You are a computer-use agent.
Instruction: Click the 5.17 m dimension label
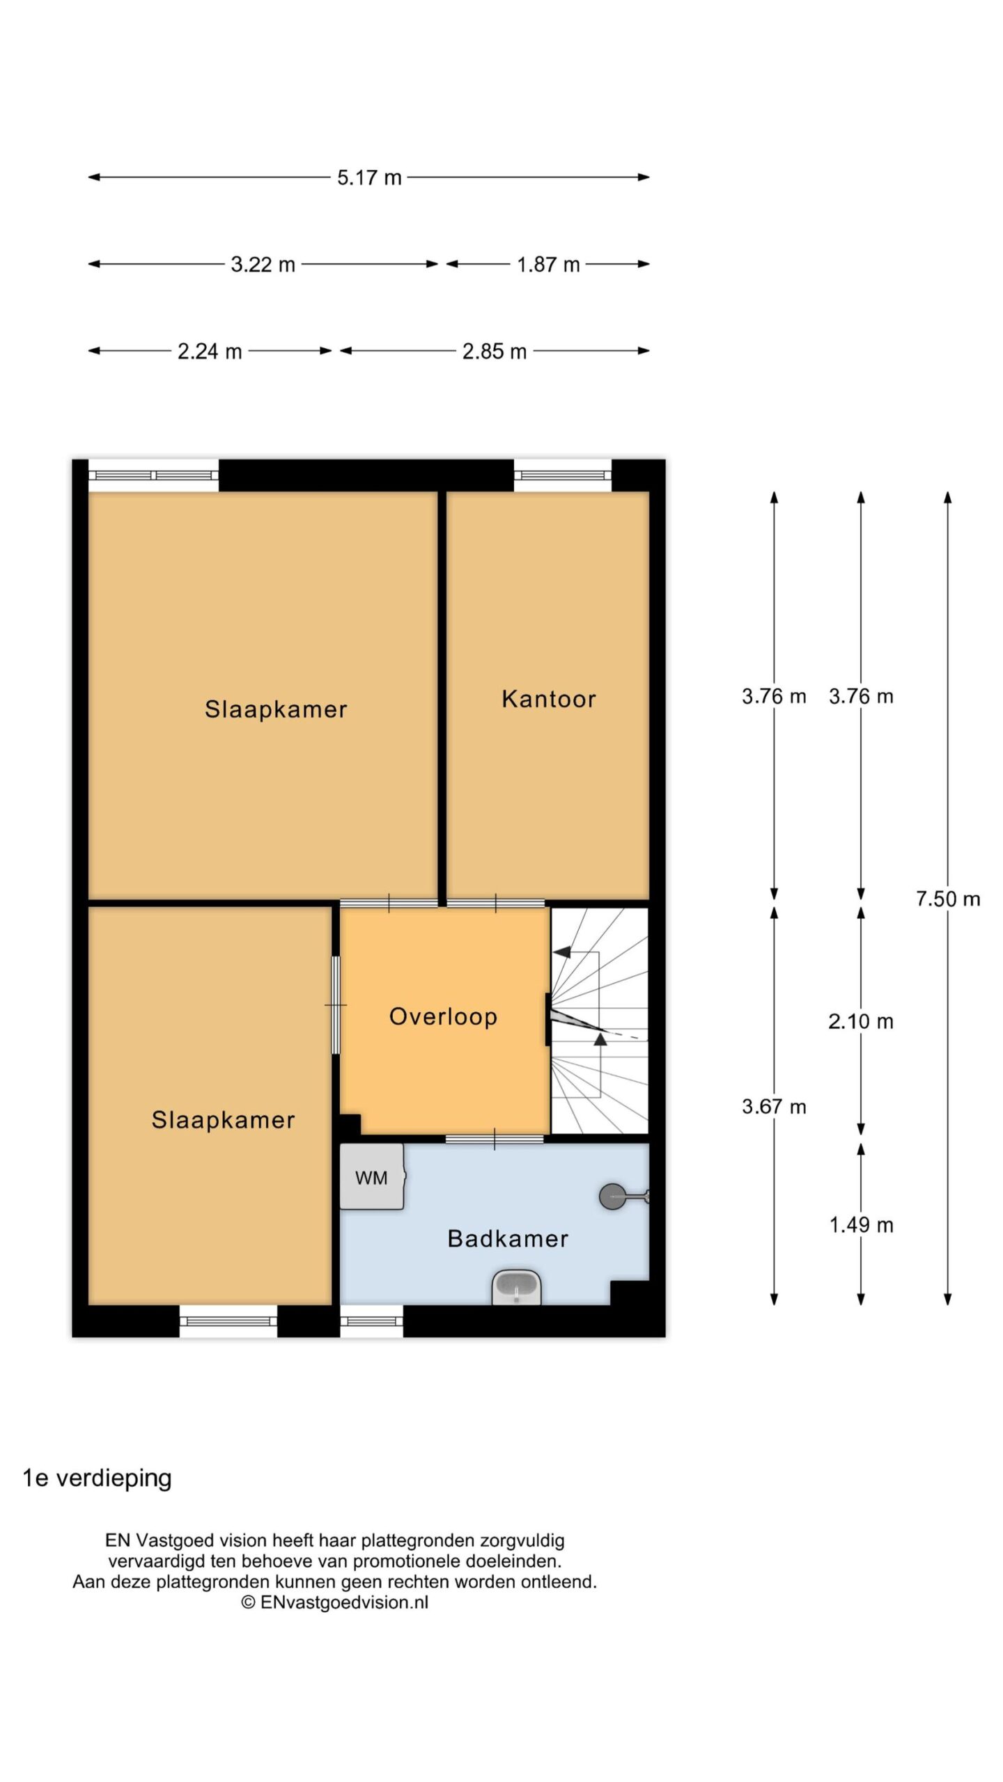tap(369, 178)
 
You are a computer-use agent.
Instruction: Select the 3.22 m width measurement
tap(263, 265)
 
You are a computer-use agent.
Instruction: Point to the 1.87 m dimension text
tap(548, 265)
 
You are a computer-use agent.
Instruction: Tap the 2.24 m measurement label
tap(210, 352)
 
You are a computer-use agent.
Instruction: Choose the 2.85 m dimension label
tap(495, 352)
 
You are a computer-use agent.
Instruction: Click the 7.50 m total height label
tap(948, 899)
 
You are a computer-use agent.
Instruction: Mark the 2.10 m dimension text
tap(861, 1021)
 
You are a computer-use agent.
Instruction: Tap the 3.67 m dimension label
tap(774, 1107)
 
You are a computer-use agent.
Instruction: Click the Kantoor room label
tap(549, 699)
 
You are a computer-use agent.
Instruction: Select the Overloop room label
tap(443, 1016)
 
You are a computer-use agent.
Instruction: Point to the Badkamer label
tap(508, 1238)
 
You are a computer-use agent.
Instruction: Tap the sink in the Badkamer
tap(516, 1287)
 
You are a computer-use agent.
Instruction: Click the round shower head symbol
tap(612, 1197)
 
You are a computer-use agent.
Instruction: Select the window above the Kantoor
tap(563, 475)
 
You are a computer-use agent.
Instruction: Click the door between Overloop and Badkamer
tap(495, 1139)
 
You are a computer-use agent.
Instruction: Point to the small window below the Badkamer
tap(371, 1320)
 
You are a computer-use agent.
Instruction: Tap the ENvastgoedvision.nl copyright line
tap(334, 1602)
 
